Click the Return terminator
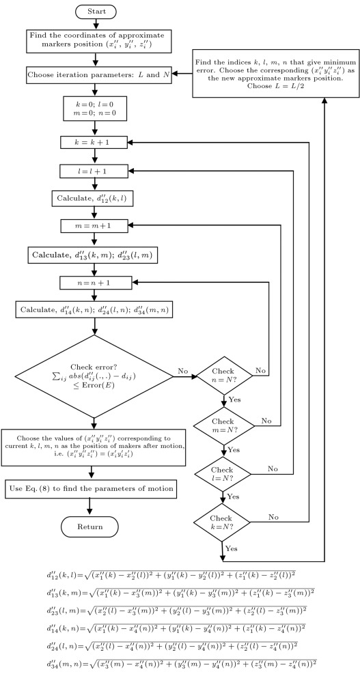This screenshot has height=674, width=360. [91, 526]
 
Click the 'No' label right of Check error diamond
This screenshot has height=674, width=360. [182, 371]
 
